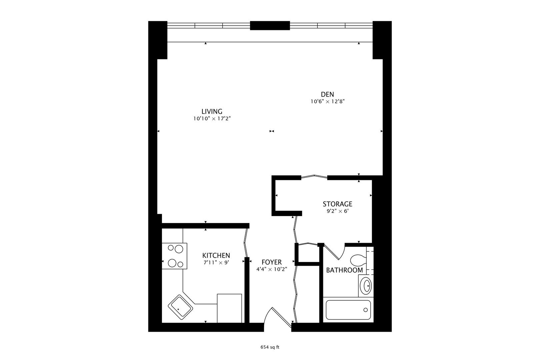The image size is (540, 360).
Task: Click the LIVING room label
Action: click(x=212, y=111)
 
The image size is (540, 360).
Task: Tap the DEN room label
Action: click(x=327, y=94)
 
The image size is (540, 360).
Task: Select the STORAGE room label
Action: click(x=337, y=204)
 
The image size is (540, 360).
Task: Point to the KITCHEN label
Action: click(x=216, y=255)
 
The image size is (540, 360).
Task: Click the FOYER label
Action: click(x=271, y=262)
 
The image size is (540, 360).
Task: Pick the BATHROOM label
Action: click(x=344, y=270)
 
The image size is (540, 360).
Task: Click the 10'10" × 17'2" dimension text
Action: click(x=212, y=118)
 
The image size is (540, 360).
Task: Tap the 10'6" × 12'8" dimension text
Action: click(x=327, y=102)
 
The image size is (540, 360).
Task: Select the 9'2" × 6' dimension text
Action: click(x=337, y=211)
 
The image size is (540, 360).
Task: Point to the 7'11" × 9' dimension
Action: click(x=216, y=262)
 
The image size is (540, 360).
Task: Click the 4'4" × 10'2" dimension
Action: click(x=271, y=269)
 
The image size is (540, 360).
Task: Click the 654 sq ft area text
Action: click(x=270, y=347)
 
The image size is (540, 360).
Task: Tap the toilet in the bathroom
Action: click(x=358, y=260)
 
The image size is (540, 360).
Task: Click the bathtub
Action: click(x=348, y=310)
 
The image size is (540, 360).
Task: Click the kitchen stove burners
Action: click(x=174, y=256)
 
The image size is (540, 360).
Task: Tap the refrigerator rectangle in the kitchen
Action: click(x=229, y=308)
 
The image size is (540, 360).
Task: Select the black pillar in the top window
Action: click(x=270, y=26)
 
